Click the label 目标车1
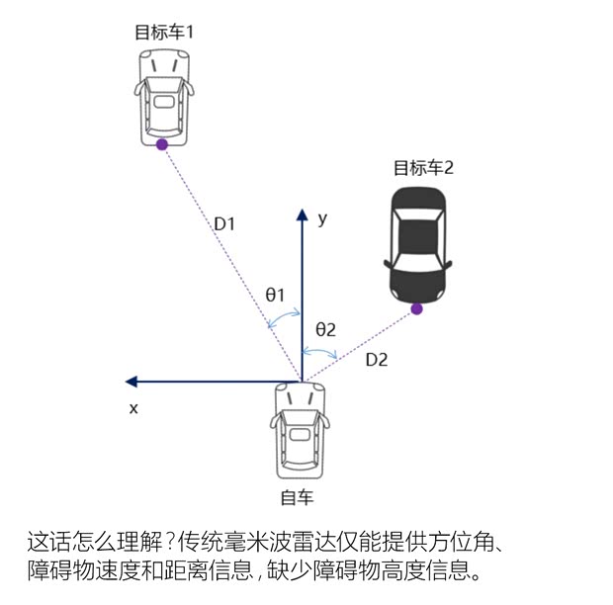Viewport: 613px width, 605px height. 164,32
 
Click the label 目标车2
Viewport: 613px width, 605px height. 423,167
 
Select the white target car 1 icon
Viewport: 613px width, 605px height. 163,93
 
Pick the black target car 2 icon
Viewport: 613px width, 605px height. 417,242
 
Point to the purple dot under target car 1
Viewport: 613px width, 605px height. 162,144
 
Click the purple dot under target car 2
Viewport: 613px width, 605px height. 417,308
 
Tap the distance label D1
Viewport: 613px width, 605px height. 224,224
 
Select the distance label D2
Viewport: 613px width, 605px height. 377,360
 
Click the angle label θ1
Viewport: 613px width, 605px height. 275,295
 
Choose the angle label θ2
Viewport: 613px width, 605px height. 326,328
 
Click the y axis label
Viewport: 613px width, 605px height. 322,219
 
